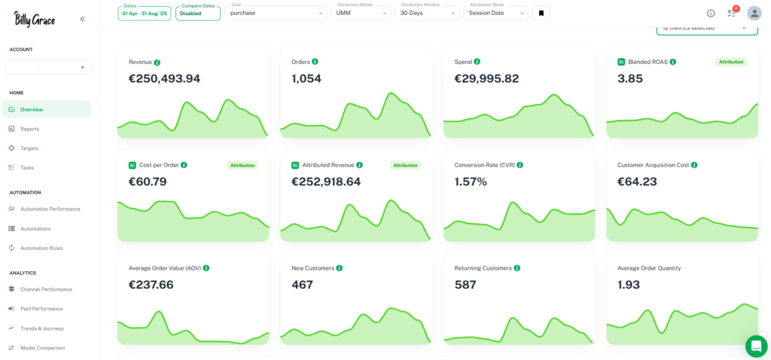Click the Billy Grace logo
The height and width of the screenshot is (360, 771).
point(34,19)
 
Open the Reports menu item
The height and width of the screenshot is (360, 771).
point(29,129)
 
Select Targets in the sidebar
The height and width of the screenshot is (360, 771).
point(29,148)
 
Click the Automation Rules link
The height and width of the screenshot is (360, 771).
point(41,248)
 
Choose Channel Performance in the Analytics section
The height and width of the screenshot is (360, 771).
point(46,289)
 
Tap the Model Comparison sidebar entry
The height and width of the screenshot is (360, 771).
point(42,348)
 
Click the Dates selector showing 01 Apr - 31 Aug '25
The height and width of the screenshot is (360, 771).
point(145,13)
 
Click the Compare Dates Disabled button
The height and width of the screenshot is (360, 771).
point(197,13)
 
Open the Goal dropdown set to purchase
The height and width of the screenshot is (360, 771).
point(276,13)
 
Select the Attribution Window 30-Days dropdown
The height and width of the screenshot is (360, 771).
point(426,13)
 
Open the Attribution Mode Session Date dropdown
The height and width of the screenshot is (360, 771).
point(495,13)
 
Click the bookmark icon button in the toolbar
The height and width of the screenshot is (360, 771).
point(541,13)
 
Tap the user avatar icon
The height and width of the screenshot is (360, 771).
point(754,13)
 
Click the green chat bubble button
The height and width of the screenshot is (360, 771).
point(756,346)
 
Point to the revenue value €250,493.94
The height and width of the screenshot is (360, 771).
point(164,78)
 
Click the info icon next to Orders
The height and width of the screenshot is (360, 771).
point(315,62)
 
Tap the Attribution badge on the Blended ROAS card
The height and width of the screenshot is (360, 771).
point(730,62)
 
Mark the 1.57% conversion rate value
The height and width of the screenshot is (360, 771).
point(471,182)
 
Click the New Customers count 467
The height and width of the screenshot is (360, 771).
point(302,285)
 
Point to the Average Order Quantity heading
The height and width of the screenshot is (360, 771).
point(649,268)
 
